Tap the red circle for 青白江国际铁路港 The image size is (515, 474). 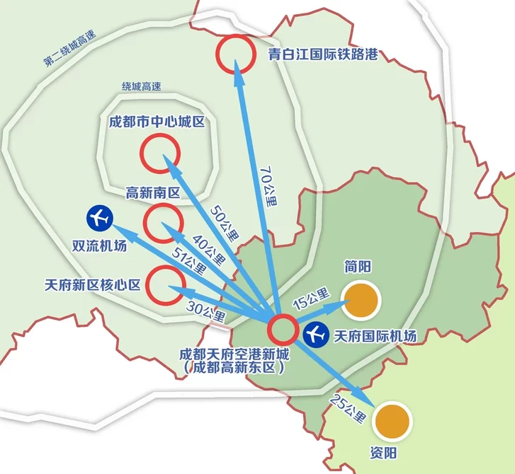point(235,54)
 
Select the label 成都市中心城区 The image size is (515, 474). point(157,122)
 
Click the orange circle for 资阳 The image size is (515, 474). point(392,421)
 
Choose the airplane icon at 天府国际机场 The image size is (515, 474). point(315,334)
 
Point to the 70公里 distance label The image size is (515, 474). point(268,186)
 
